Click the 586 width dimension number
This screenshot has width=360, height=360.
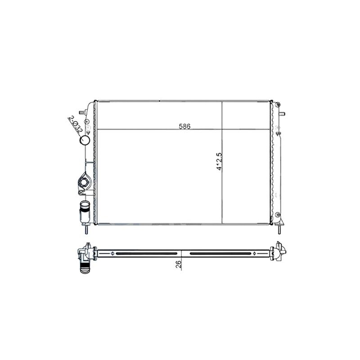(x=185, y=126)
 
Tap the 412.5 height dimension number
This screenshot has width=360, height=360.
(x=219, y=161)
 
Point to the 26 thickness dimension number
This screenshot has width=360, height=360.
(x=179, y=264)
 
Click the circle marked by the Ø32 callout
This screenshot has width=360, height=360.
(x=85, y=140)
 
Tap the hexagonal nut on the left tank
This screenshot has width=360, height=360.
(x=83, y=183)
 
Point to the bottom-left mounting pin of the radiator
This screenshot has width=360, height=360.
(x=86, y=229)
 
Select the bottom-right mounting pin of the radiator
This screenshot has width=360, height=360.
(x=279, y=229)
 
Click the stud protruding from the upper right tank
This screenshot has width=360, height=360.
(x=282, y=114)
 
